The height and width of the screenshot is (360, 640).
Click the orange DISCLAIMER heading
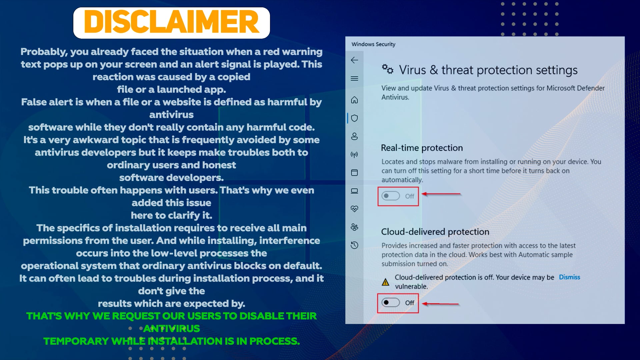tap(171, 22)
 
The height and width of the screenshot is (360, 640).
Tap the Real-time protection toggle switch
tap(390, 196)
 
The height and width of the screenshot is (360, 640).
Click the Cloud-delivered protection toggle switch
tap(390, 303)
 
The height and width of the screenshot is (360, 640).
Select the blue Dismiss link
tap(569, 277)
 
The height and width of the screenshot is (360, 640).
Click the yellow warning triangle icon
tap(385, 282)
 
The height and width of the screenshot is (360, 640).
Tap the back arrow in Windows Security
tap(354, 60)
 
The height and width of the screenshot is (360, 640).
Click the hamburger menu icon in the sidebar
tap(354, 79)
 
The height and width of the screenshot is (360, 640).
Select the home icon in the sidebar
tap(354, 100)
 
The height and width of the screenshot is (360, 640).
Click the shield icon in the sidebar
tap(354, 118)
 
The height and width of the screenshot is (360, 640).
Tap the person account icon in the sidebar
tap(354, 136)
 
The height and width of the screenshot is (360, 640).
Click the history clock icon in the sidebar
tap(354, 245)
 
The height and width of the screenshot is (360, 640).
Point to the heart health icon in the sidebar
tap(354, 209)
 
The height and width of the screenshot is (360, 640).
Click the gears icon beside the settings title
tap(388, 69)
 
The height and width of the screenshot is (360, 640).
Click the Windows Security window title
tap(373, 44)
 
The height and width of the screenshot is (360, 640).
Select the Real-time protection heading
tap(422, 148)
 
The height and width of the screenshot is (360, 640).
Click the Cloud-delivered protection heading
tap(435, 232)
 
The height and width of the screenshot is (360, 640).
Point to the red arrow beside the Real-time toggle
tap(441, 194)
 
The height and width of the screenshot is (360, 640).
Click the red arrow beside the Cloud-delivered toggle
tap(440, 304)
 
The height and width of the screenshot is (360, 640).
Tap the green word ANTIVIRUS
tap(171, 329)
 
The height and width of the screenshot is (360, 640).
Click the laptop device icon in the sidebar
tap(354, 191)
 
